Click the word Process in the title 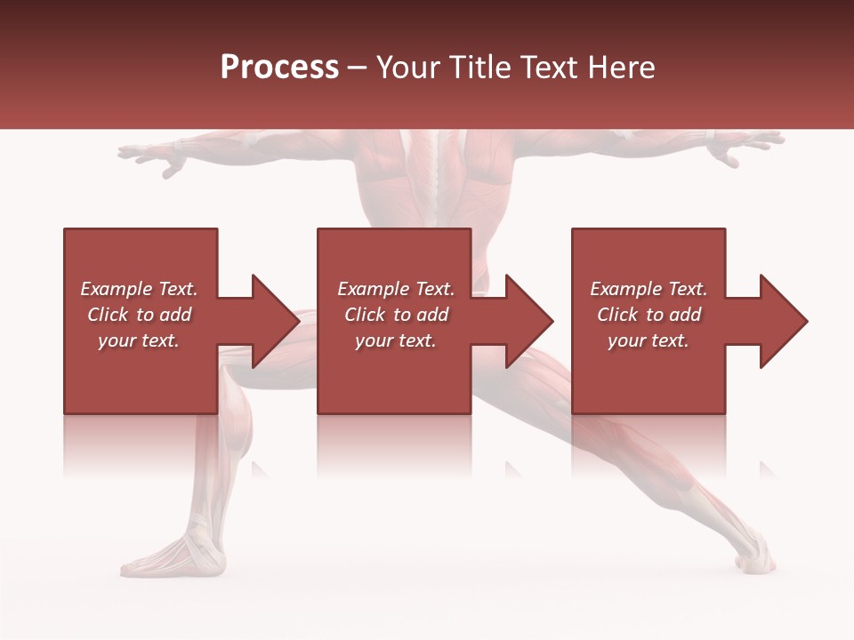click(x=279, y=67)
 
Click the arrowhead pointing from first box click(x=272, y=321)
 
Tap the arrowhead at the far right click(x=781, y=321)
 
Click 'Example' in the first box click(x=116, y=289)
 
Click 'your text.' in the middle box click(x=395, y=340)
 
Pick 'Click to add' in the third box click(x=649, y=315)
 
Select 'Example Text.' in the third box click(x=649, y=289)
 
